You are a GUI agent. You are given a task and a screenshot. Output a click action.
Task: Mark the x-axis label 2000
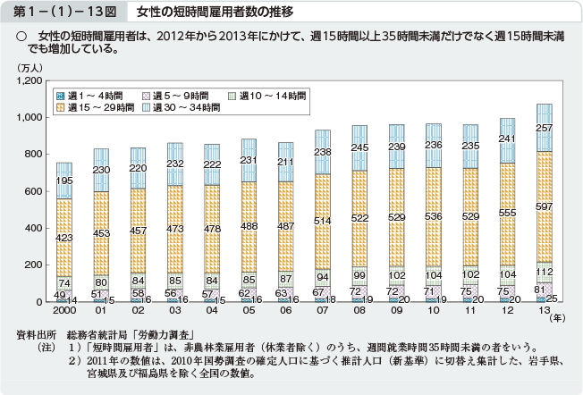click(x=63, y=313)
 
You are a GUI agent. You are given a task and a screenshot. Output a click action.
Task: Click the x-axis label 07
click(x=322, y=313)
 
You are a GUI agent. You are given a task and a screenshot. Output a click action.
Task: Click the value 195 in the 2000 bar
click(x=63, y=181)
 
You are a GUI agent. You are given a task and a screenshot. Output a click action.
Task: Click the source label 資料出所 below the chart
click(x=37, y=334)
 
